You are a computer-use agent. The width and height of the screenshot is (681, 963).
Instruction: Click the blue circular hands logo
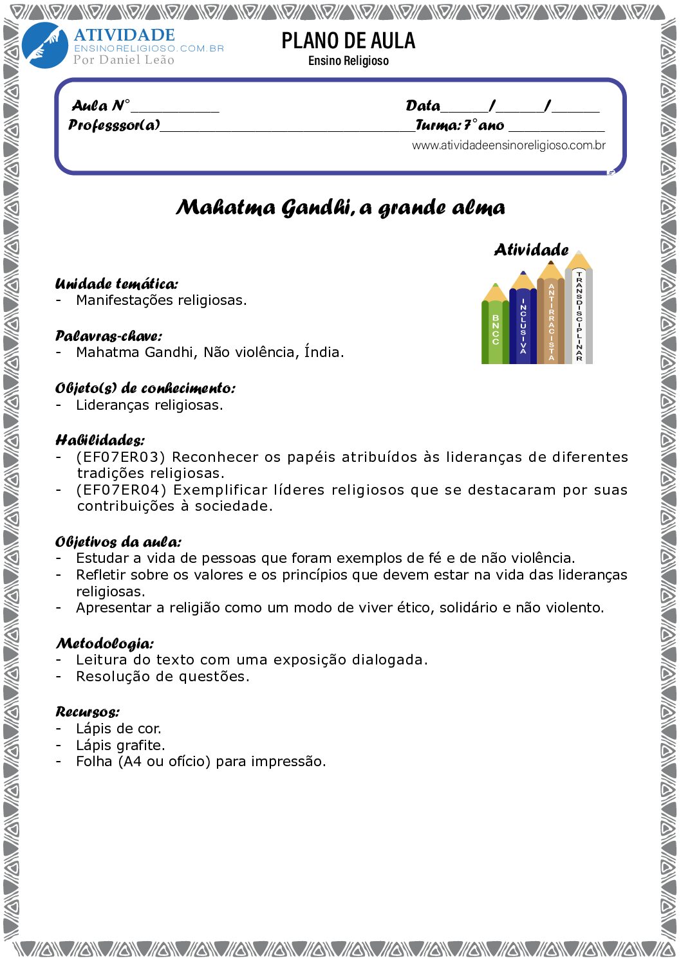click(x=44, y=45)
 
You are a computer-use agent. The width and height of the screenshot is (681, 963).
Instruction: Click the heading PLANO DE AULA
click(x=348, y=41)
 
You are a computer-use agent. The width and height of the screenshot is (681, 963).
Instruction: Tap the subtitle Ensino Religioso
click(x=348, y=61)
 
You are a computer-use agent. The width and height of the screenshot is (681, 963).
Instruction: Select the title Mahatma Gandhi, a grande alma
click(x=340, y=208)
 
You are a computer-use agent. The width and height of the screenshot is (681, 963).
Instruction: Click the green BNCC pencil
click(x=495, y=328)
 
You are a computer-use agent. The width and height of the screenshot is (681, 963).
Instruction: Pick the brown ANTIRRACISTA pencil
click(x=551, y=318)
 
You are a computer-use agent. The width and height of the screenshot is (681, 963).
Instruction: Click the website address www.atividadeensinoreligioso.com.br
click(x=508, y=145)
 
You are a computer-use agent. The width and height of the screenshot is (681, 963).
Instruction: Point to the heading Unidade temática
click(x=117, y=284)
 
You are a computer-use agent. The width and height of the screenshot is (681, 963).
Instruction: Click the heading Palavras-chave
click(x=109, y=336)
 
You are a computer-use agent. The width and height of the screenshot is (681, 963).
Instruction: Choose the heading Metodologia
click(x=105, y=643)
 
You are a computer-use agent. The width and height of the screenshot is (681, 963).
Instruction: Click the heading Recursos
click(x=88, y=711)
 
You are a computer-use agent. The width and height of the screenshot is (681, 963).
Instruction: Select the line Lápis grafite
click(x=120, y=745)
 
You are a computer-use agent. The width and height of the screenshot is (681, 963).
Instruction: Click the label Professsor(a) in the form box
click(x=115, y=125)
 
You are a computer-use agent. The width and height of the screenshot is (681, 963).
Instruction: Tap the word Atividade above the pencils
click(x=531, y=250)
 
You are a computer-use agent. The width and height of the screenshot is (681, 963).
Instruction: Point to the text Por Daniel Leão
click(x=124, y=60)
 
